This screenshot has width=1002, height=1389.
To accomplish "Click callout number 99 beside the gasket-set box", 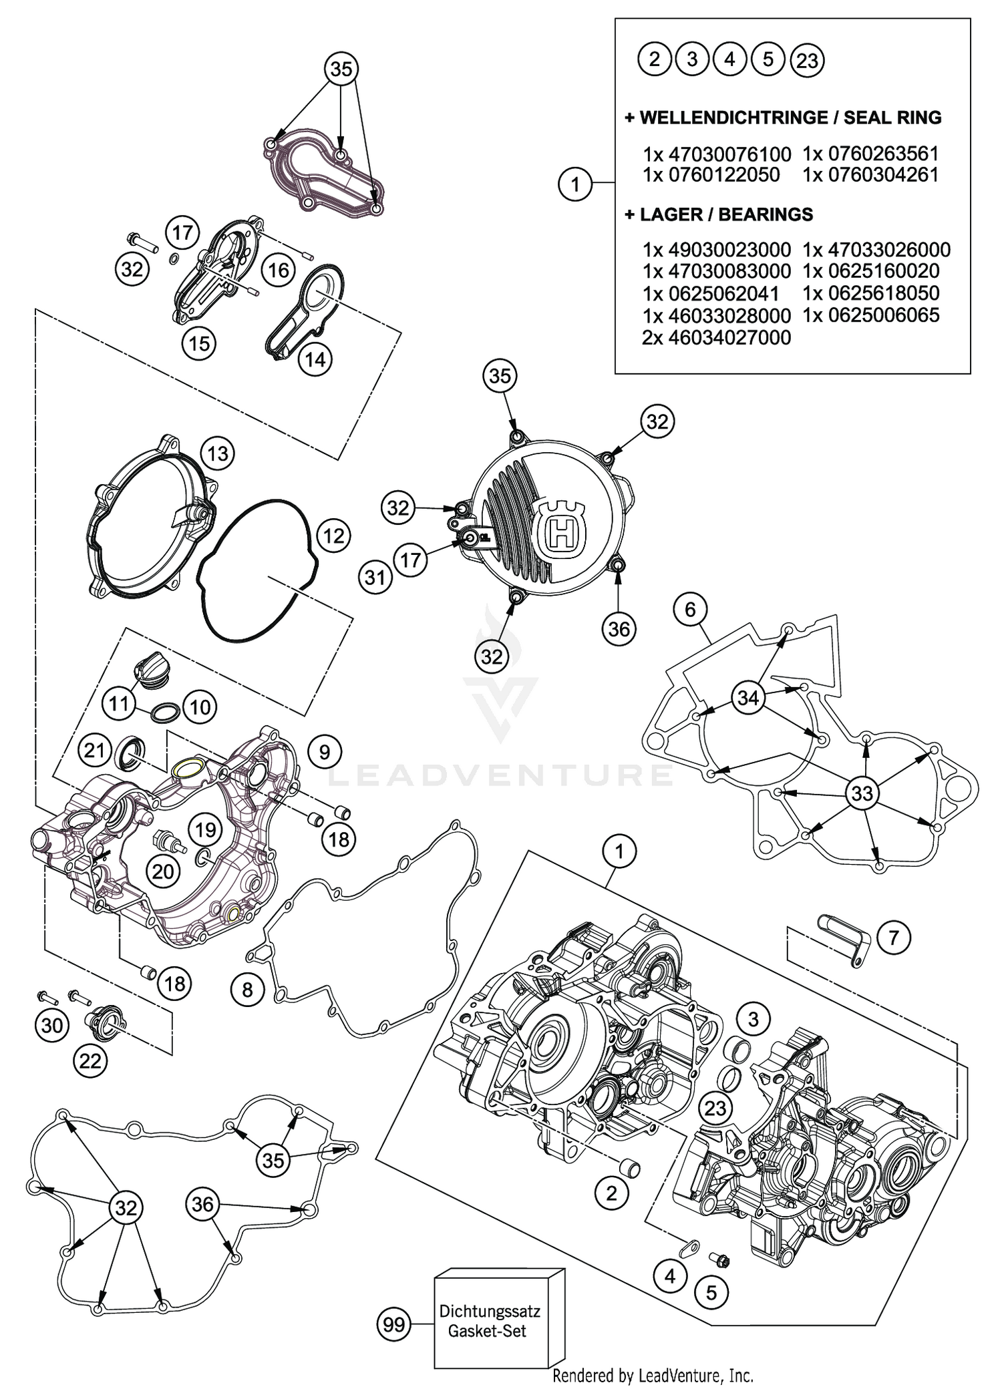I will coord(394,1323).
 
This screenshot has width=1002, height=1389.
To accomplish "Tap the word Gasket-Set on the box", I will coord(487,1330).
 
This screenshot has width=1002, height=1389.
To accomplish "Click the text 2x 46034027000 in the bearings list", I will coord(716,337).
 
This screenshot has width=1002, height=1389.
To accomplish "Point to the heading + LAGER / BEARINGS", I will coord(719,214).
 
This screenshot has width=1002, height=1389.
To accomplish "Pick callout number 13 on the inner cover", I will coord(218,454).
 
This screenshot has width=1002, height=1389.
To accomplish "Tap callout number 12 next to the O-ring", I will coord(333,536).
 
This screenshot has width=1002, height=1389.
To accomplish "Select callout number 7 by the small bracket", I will coord(894,938).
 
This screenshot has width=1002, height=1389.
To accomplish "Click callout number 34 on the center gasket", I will coord(748,698).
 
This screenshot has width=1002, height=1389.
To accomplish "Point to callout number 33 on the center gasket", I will coord(862,793).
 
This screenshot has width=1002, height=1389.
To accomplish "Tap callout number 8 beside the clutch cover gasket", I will coord(248,989).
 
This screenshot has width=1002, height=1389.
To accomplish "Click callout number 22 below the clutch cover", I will coord(90,1060).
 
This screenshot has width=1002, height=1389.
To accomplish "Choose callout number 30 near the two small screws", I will coord(52,1025).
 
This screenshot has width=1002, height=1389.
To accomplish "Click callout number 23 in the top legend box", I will coord(807,61).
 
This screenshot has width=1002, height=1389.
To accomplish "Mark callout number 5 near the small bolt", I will coord(711,1293).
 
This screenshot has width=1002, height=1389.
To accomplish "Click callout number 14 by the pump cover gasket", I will coord(315,359).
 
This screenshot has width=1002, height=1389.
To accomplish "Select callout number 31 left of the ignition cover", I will coord(375,576).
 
